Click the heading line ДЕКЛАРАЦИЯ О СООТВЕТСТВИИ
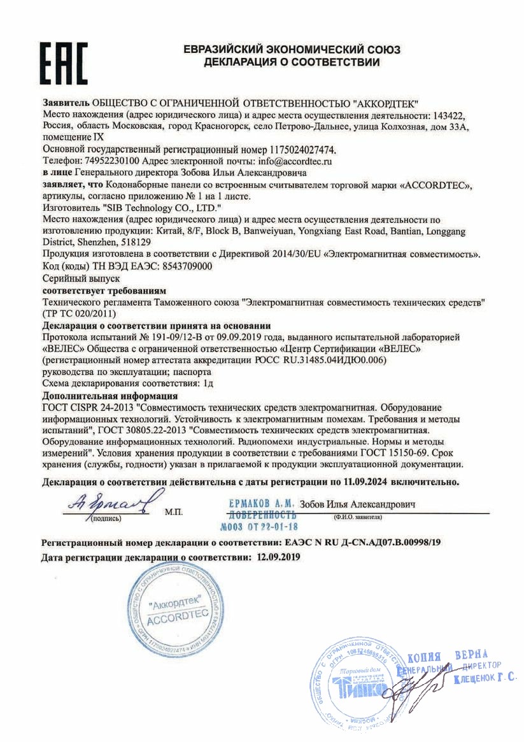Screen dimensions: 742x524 (292, 62)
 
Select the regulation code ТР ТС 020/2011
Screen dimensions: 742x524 (79, 313)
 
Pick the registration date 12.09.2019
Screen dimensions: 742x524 (278, 556)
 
